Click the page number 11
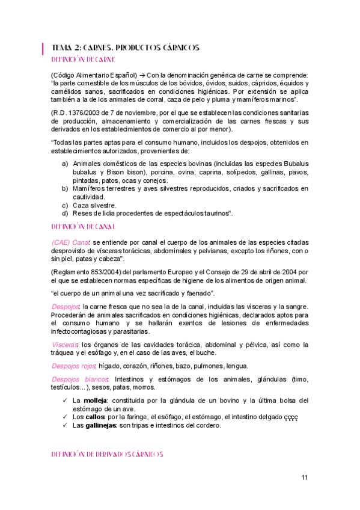305,478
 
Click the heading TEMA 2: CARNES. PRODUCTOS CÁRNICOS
126,48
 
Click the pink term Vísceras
65,345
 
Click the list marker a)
65,164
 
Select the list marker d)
65,214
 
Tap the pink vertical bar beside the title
43,48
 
